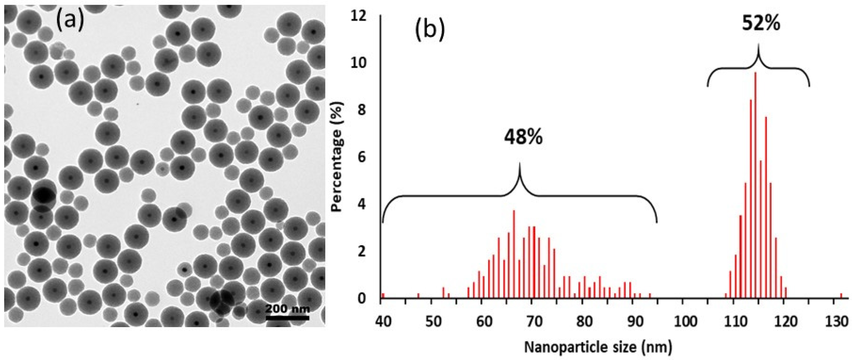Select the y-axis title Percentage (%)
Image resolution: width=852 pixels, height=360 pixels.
[338, 156]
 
